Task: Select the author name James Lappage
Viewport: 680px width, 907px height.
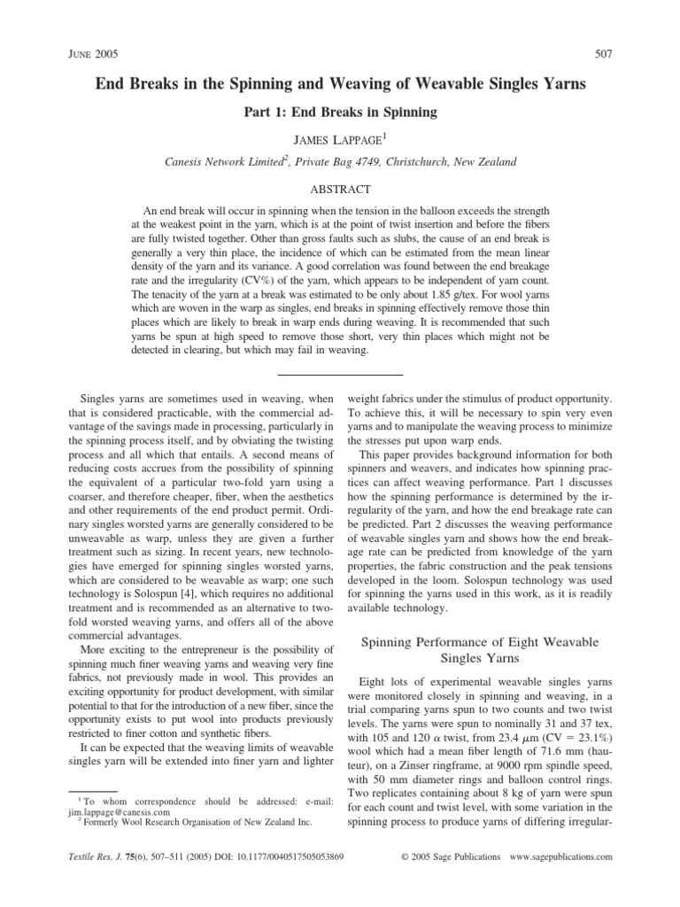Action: [x=340, y=139]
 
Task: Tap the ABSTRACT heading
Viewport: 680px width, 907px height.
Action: [x=340, y=190]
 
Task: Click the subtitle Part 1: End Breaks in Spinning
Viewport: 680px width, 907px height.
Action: [x=340, y=113]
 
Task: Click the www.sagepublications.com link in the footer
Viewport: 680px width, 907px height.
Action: [x=561, y=858]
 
